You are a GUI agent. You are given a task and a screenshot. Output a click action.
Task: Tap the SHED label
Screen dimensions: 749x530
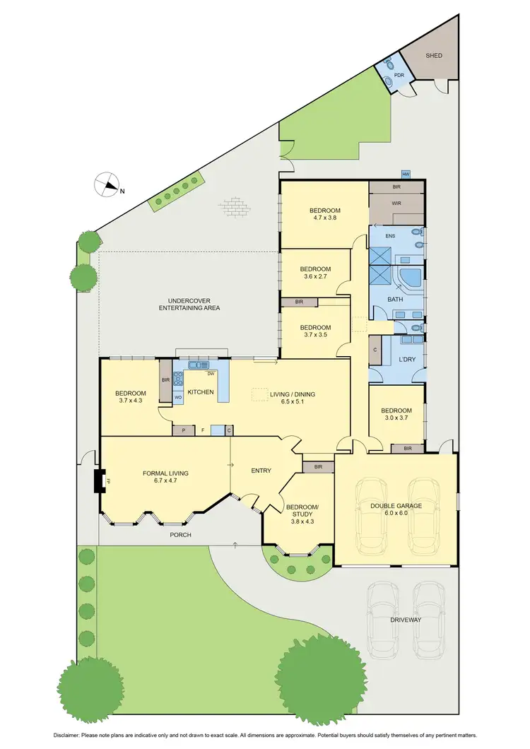click(433, 55)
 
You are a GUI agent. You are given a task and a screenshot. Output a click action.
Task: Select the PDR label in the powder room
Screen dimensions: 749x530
click(398, 75)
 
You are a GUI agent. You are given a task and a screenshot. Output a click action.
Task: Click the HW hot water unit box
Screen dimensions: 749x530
click(406, 174)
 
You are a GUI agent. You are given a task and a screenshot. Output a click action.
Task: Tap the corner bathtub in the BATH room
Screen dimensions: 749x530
click(410, 276)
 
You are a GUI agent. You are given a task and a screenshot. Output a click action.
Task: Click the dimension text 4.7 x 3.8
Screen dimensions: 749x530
click(325, 218)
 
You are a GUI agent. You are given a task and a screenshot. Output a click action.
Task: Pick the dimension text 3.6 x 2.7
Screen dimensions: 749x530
click(315, 277)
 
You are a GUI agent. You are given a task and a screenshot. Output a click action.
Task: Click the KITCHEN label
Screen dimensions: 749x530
click(201, 392)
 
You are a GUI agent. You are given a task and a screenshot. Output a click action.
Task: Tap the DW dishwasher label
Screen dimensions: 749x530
click(210, 374)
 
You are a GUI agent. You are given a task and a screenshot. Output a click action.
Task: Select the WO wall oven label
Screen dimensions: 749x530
click(178, 398)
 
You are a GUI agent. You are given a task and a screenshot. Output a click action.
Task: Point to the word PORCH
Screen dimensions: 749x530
click(181, 535)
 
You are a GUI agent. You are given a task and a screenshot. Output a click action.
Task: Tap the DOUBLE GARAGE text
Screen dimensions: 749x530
click(395, 505)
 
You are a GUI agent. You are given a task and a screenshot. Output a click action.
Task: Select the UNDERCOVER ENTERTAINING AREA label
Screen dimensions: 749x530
click(189, 305)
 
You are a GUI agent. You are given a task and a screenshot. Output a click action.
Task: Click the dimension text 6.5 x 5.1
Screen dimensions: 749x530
click(296, 402)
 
